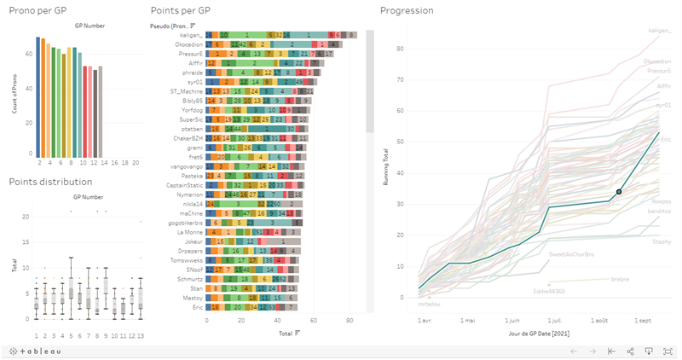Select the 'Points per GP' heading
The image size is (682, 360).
180,11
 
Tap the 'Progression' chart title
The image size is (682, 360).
407,11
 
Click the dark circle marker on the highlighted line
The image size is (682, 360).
619,191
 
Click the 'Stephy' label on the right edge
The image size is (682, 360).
662,241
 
